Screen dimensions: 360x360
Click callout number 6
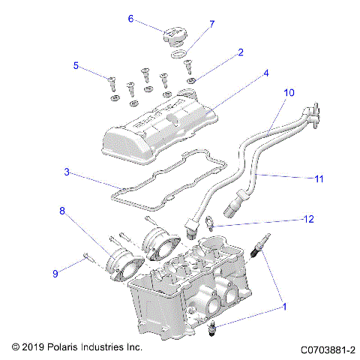pyautogui.click(x=130, y=19)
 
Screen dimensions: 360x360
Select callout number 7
pyautogui.click(x=211, y=24)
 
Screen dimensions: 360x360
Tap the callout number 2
pyautogui.click(x=240, y=52)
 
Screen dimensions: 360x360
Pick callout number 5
pyautogui.click(x=76, y=65)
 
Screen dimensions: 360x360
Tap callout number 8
pyautogui.click(x=62, y=211)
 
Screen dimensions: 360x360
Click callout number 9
pyautogui.click(x=54, y=273)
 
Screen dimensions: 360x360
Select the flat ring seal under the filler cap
pyautogui.click(x=177, y=55)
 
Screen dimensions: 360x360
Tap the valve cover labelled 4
pyautogui.click(x=157, y=127)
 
